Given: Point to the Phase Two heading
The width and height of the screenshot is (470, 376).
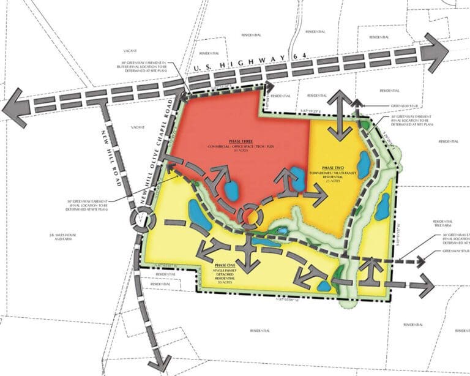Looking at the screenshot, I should [x=334, y=167].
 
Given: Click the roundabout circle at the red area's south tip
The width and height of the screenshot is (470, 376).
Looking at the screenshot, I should [x=251, y=215].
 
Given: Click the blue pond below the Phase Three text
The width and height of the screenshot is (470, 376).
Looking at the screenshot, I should [x=231, y=191].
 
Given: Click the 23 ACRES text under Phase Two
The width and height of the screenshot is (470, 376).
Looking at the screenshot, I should [x=334, y=182].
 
